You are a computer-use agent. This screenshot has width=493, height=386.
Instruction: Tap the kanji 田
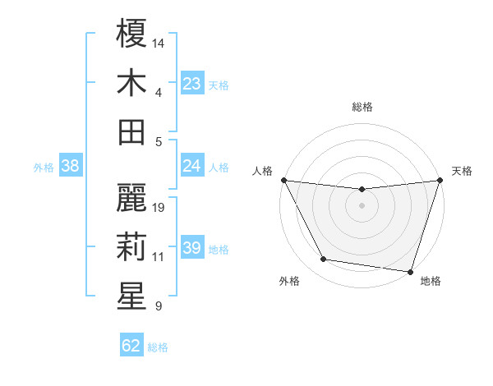(131, 131)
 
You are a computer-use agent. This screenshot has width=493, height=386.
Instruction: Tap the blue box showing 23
(191, 83)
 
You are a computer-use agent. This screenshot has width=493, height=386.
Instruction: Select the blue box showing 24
(191, 166)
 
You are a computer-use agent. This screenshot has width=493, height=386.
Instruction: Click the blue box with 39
(191, 248)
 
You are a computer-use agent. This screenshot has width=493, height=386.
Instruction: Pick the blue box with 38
(71, 166)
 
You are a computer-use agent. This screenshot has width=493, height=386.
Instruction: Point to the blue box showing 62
(131, 346)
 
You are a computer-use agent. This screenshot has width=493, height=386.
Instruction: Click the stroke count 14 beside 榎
(159, 42)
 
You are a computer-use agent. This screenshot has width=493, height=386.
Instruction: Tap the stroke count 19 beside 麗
(159, 207)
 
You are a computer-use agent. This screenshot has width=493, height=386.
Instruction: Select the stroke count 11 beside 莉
(159, 257)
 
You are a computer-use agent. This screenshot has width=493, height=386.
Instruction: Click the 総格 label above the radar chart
(362, 107)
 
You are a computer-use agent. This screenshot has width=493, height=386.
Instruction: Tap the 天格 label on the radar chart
(462, 171)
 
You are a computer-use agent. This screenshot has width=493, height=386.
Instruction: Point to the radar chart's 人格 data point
(283, 180)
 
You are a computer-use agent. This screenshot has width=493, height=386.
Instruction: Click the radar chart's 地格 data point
(410, 271)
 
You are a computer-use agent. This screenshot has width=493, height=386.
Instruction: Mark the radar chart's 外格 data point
(324, 260)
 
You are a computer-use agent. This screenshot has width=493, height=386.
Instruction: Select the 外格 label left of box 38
(44, 167)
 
